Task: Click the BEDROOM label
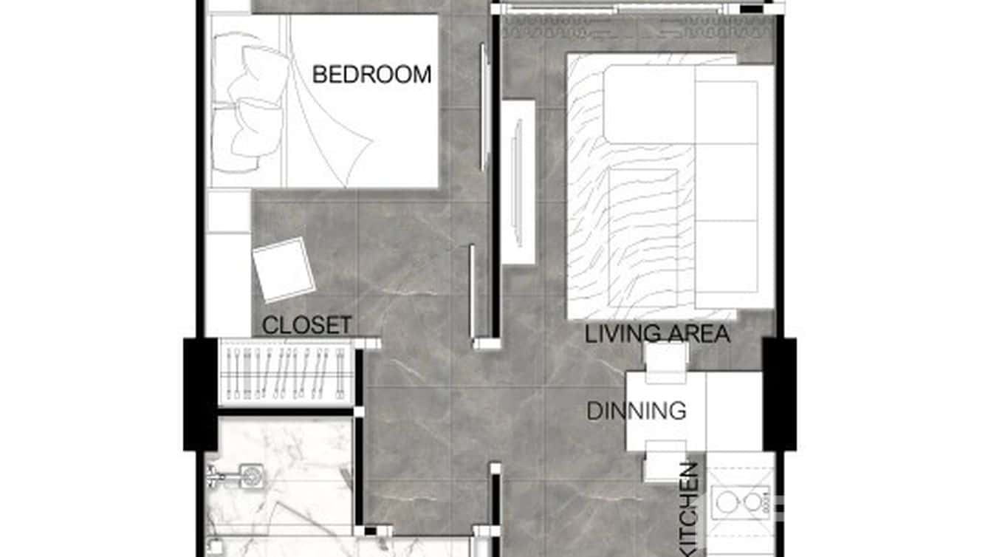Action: pyautogui.click(x=371, y=75)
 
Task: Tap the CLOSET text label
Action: pyautogui.click(x=306, y=326)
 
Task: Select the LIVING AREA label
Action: pyautogui.click(x=657, y=334)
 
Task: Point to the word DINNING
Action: pyautogui.click(x=637, y=411)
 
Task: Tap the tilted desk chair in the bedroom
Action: pyautogui.click(x=283, y=269)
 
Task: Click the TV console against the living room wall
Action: pyautogui.click(x=518, y=182)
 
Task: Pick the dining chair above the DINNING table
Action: pyautogui.click(x=666, y=361)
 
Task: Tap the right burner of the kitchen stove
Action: pyautogui.click(x=752, y=502)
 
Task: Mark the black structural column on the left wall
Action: pyautogui.click(x=200, y=394)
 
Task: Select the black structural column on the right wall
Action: pyautogui.click(x=779, y=394)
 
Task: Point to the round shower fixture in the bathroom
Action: pyautogui.click(x=250, y=474)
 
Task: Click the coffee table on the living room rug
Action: pyautogui.click(x=642, y=236)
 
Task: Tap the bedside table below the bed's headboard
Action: pyautogui.click(x=227, y=211)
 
